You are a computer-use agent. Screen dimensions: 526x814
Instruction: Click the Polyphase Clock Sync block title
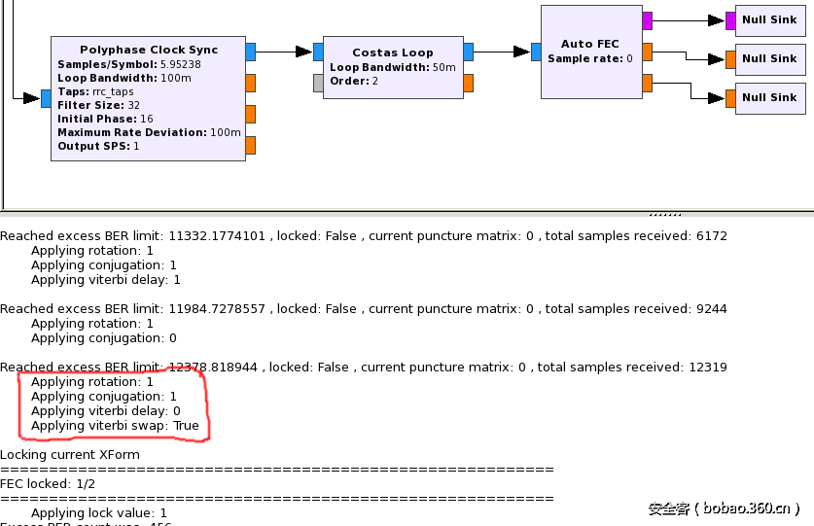point(149,50)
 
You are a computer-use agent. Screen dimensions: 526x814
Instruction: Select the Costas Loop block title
point(393,53)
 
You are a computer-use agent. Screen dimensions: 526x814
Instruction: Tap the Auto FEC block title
point(589,44)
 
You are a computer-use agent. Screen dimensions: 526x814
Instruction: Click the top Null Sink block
point(769,19)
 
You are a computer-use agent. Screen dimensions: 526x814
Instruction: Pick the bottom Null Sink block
point(769,97)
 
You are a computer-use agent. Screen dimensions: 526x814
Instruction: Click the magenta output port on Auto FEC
point(647,19)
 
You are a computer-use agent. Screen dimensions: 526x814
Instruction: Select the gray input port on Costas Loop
point(318,83)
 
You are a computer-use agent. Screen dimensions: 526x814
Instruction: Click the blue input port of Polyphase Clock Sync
point(46,98)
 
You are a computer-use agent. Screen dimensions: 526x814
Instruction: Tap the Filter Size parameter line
point(98,105)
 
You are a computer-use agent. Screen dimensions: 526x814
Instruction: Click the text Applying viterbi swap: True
point(115,426)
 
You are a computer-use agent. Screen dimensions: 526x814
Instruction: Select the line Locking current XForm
point(70,455)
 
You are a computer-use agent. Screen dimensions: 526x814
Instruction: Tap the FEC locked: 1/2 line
point(48,484)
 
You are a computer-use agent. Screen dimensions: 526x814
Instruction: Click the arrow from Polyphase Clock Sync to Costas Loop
point(284,52)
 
